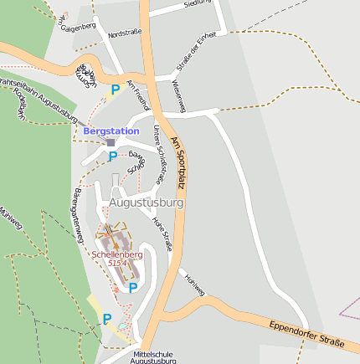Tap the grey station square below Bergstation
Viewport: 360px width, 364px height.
[x=111, y=142]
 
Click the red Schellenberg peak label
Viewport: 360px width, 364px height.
[x=117, y=254]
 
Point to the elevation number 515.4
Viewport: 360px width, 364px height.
[x=117, y=263]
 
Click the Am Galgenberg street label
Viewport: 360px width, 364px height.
[x=77, y=24]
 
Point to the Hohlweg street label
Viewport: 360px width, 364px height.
[x=194, y=284]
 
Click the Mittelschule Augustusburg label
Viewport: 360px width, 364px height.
[x=154, y=357]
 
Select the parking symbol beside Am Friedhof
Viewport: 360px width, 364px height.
[x=116, y=89]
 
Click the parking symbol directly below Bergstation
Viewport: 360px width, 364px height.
[x=112, y=156]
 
